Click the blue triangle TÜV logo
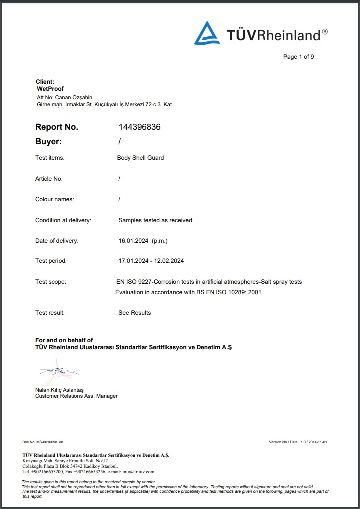point(207,33)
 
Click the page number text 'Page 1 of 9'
point(298,57)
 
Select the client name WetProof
point(50,88)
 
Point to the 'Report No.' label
point(57,127)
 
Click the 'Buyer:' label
point(49,142)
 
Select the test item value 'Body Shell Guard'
point(140,158)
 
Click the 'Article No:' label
point(49,179)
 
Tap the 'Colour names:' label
point(54,199)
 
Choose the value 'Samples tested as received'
point(155,220)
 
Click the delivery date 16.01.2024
point(133,241)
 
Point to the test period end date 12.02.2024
point(169,261)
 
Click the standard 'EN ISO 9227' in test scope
point(134,282)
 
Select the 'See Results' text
point(134,313)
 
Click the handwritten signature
point(58,371)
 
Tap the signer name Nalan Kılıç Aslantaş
point(59,390)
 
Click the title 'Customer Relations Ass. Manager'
point(76,396)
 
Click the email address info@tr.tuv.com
point(138,471)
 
